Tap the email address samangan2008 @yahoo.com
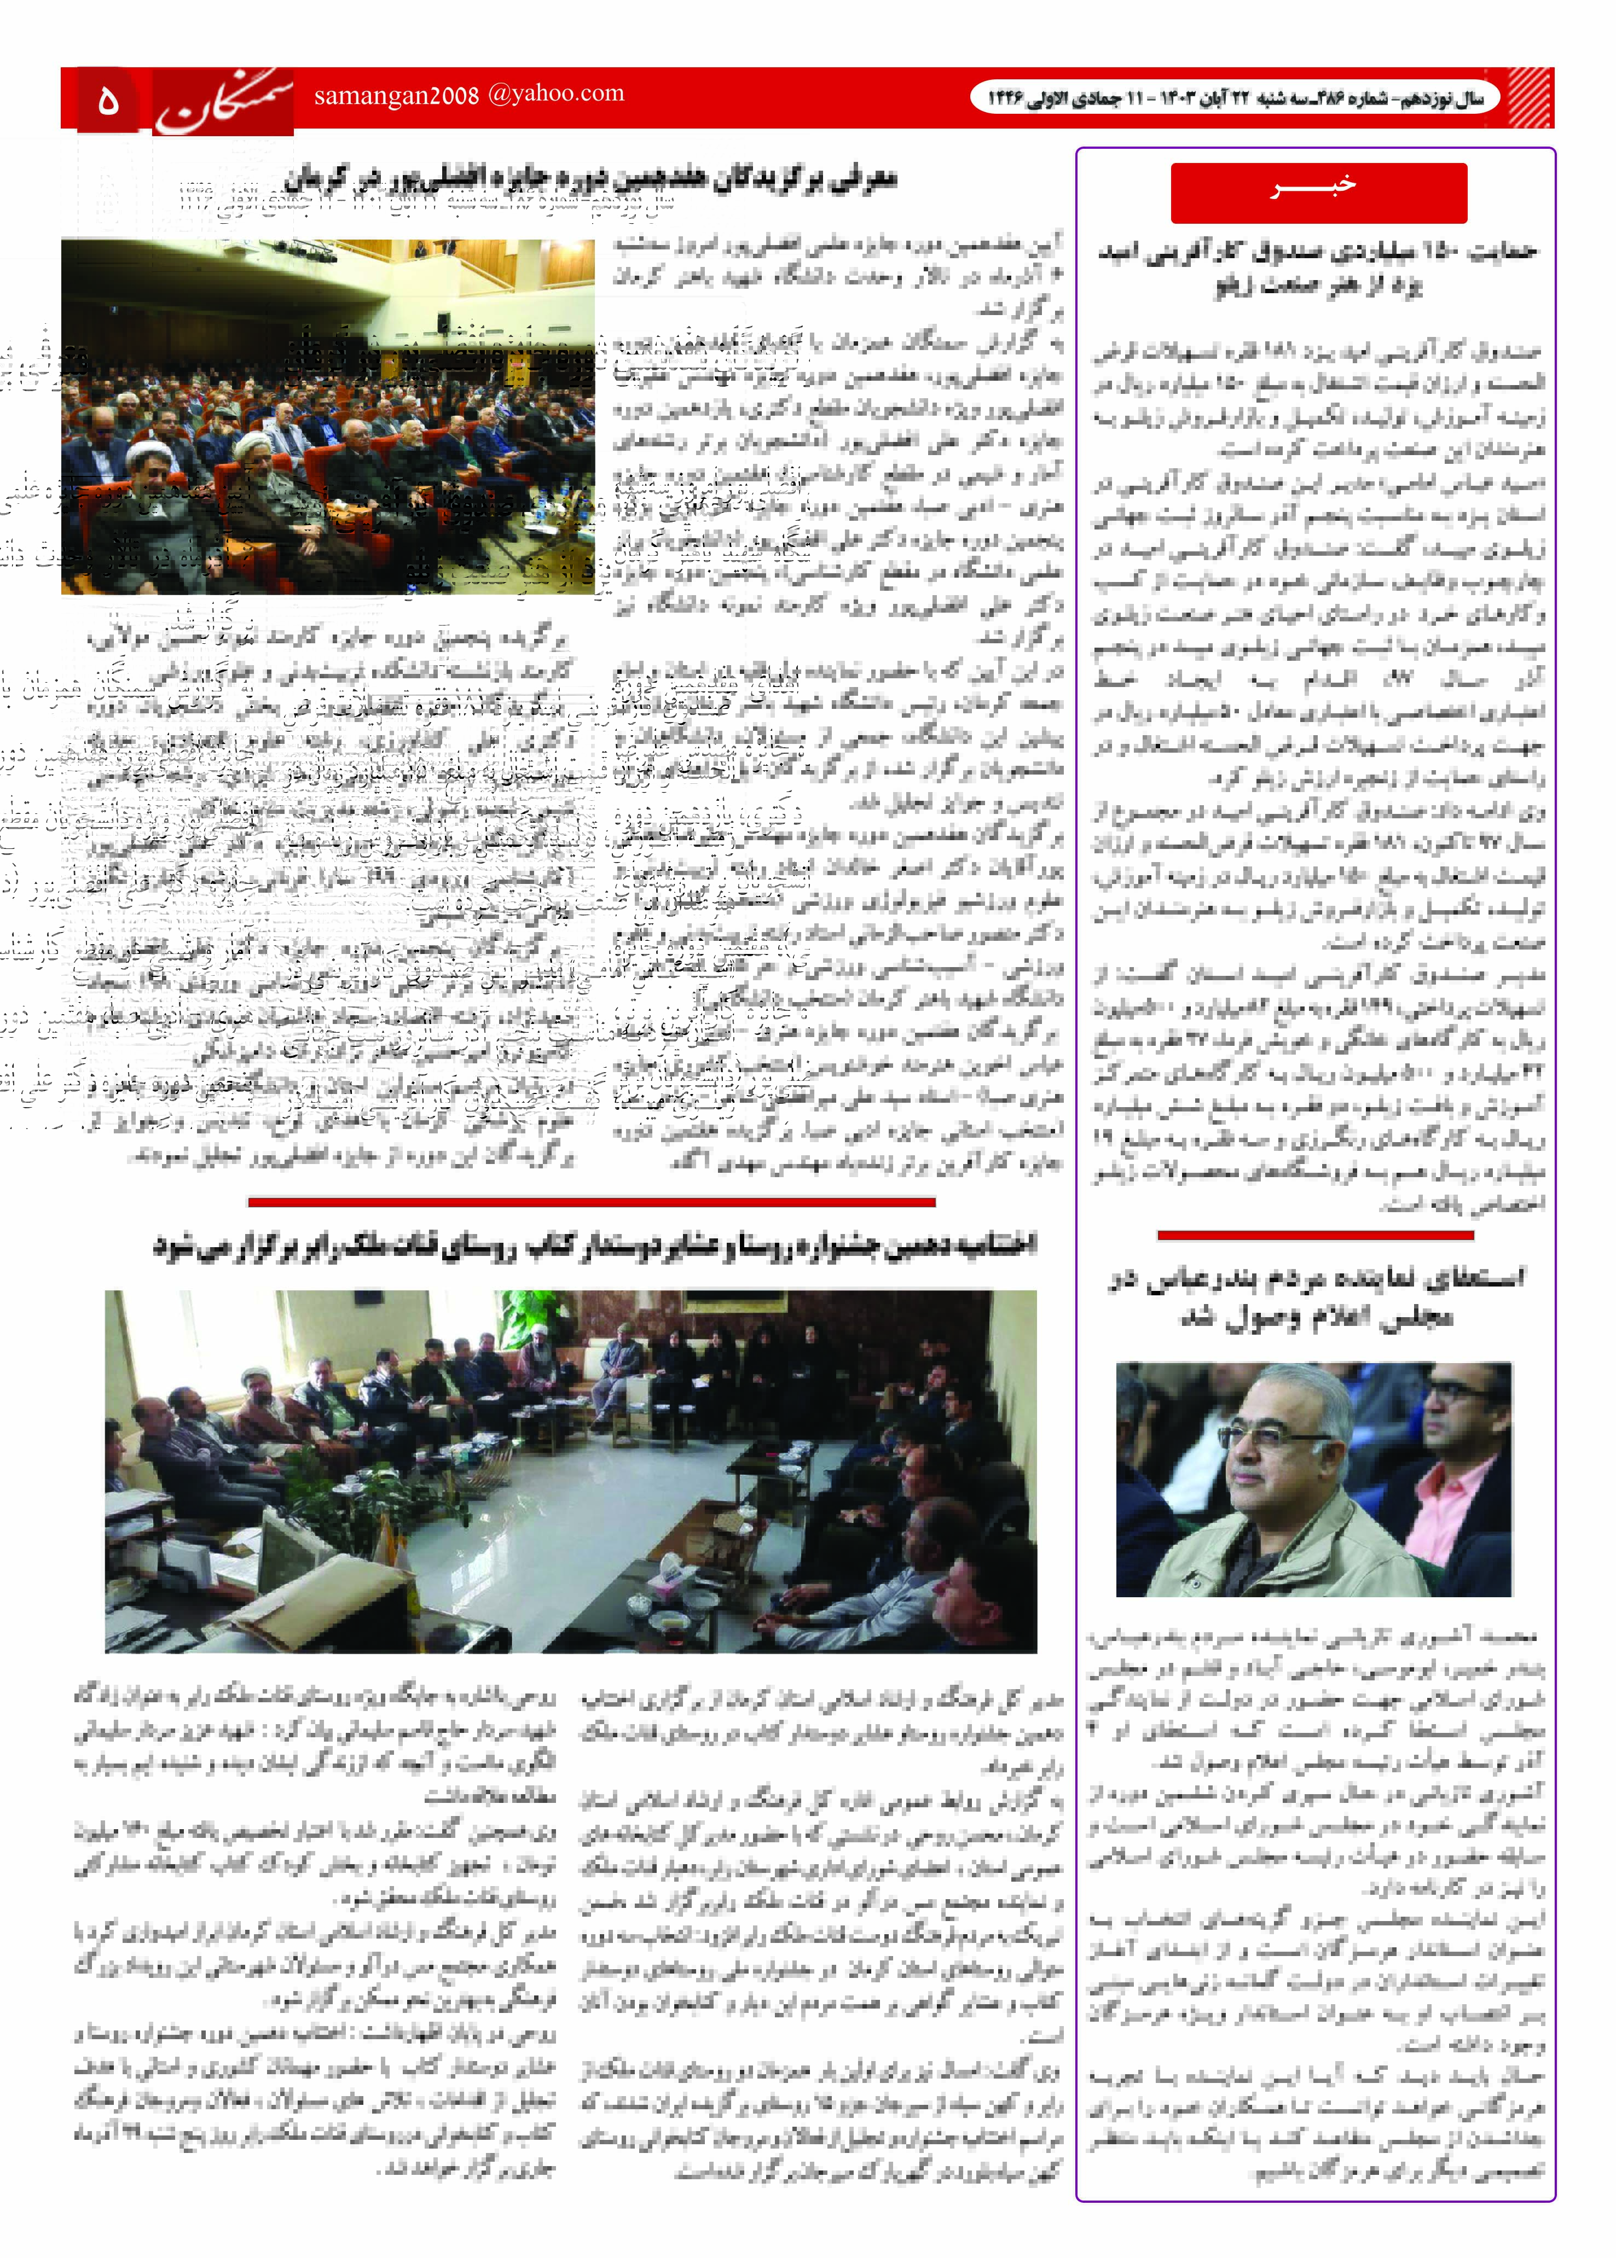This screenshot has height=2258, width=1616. click(468, 95)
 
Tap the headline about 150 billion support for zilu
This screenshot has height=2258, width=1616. click(1318, 269)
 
